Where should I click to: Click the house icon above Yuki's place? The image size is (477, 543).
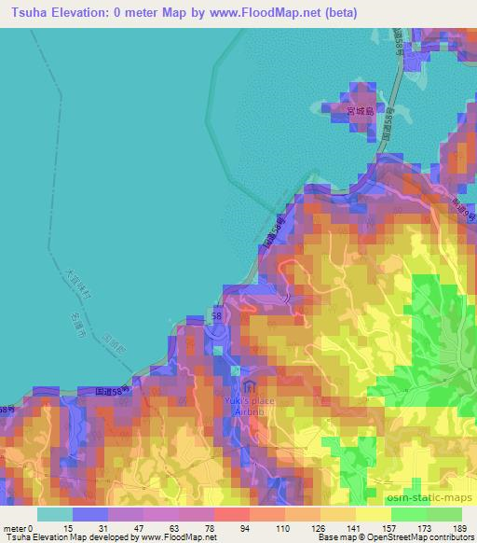(249, 386)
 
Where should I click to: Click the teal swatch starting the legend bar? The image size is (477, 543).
(55, 514)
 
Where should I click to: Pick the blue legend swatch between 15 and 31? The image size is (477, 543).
(90, 514)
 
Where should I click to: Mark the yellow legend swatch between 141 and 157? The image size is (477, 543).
(373, 514)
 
